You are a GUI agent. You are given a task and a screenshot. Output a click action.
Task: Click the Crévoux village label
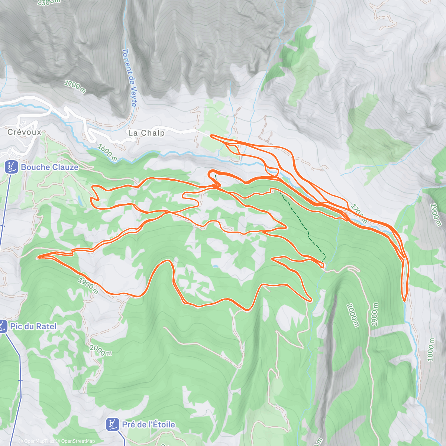[25, 132]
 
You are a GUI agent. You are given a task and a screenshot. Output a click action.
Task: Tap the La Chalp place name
[146, 133]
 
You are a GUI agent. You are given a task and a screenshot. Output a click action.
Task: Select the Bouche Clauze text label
[49, 167]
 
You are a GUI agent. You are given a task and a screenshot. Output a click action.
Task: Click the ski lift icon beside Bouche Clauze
[12, 167]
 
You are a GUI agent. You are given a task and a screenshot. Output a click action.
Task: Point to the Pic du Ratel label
[33, 327]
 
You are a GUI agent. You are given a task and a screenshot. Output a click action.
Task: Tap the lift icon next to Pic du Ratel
[3, 327]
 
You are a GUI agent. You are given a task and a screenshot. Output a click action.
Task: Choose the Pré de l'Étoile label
[148, 424]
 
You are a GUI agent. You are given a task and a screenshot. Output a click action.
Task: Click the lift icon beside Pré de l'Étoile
[112, 424]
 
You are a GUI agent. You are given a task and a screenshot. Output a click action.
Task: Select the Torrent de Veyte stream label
[129, 78]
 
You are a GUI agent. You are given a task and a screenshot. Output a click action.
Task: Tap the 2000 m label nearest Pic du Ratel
[100, 350]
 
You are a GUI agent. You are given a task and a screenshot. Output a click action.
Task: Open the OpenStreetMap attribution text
[78, 441]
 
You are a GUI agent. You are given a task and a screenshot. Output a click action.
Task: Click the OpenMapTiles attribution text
[39, 441]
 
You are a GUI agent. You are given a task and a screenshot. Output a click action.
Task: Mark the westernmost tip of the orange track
[38, 256]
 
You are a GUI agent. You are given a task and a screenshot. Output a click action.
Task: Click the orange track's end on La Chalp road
[211, 136]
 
